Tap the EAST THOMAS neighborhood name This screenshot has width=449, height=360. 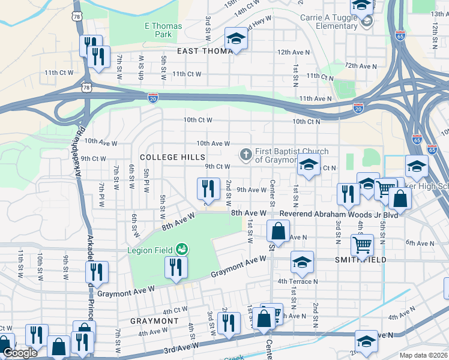tap(204, 52)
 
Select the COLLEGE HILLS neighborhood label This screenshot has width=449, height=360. tap(167, 157)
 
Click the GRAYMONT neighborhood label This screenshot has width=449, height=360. tap(152, 321)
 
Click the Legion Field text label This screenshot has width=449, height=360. tap(149, 250)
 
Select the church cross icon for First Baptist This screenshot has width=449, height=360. tap(246, 155)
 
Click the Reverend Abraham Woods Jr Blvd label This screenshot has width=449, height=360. tap(315, 213)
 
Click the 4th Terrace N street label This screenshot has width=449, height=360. tap(297, 281)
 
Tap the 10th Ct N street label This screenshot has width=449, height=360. tap(307, 121)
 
